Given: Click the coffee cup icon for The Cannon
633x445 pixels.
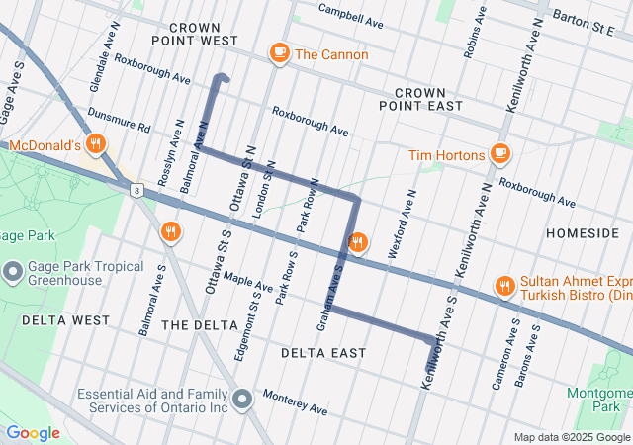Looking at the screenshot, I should pos(279,53).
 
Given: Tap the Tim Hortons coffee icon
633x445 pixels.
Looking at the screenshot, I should pos(500,154).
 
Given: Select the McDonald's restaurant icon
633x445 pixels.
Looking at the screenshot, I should pos(96,144).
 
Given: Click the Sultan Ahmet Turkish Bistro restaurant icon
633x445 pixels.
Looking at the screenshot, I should pos(504,287).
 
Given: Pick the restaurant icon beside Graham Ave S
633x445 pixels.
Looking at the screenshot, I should pos(358,242).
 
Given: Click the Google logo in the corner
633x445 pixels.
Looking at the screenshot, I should pos(33,433).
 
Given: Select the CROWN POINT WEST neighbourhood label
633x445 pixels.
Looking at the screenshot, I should pos(195,34).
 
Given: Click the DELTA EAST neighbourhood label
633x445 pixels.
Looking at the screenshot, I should pos(322,353).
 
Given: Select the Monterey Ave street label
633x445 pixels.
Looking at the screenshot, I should pos(295,402).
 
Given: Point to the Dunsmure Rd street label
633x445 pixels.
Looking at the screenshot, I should pos(118,121).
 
